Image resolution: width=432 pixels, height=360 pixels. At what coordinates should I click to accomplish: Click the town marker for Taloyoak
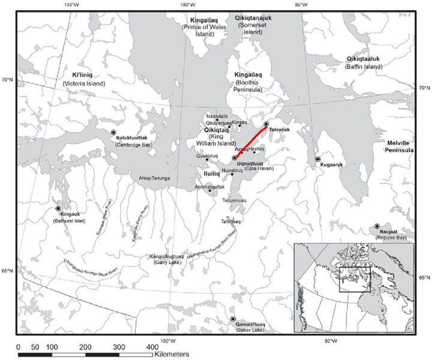(x=266, y=124)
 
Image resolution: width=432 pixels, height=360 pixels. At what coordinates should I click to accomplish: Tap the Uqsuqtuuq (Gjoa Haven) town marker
(x=235, y=158)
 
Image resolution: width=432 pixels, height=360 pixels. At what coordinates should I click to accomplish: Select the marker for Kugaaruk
(x=318, y=160)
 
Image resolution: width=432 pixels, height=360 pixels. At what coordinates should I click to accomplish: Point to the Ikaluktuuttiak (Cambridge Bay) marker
(x=113, y=131)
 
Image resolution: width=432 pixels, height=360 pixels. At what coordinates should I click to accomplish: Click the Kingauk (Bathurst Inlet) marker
(x=58, y=208)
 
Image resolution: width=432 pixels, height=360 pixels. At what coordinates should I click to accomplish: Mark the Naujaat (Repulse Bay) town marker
(x=377, y=226)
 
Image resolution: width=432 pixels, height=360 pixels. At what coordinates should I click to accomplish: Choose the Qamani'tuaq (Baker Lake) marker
(x=233, y=319)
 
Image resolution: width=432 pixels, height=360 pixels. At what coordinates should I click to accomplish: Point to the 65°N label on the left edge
(x=7, y=271)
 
